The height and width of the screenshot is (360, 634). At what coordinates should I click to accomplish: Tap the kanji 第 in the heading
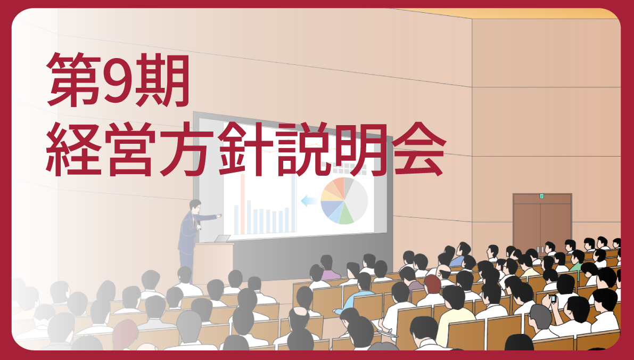pyautogui.click(x=73, y=80)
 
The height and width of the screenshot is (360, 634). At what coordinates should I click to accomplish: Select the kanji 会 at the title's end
pyautogui.click(x=419, y=149)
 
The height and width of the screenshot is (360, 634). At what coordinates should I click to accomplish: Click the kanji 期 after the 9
pyautogui.click(x=162, y=80)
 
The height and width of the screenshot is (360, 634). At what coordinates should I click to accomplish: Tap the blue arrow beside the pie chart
pyautogui.click(x=309, y=201)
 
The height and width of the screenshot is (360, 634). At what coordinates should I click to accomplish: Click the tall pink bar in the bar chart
pyautogui.click(x=243, y=204)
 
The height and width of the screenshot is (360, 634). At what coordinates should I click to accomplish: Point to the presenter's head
pyautogui.click(x=195, y=206)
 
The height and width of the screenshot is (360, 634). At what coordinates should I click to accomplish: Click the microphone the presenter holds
pyautogui.click(x=198, y=225)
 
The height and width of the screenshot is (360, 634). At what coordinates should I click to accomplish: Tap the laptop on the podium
pyautogui.click(x=222, y=239)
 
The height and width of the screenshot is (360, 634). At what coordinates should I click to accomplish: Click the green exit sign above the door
pyautogui.click(x=542, y=196)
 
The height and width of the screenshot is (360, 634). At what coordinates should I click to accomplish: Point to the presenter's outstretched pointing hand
pyautogui.click(x=219, y=216)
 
